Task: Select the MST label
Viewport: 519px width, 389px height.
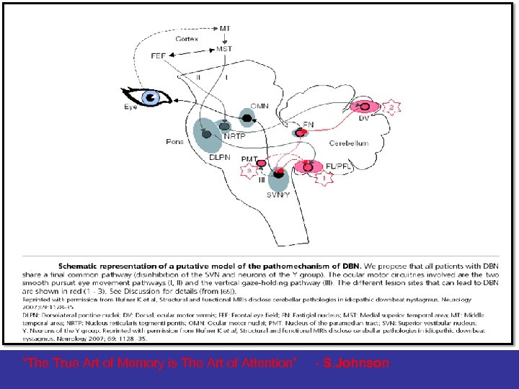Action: pyautogui.click(x=225, y=49)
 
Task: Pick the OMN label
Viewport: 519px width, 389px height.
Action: pyautogui.click(x=259, y=106)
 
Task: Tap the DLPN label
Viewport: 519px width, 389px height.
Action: pyautogui.click(x=219, y=157)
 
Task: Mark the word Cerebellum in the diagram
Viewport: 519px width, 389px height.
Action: pyautogui.click(x=349, y=143)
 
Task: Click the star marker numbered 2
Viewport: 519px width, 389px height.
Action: pyautogui.click(x=391, y=108)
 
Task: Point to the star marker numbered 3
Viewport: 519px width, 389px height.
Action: pyautogui.click(x=249, y=171)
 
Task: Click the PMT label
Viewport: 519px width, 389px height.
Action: pyautogui.click(x=249, y=158)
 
